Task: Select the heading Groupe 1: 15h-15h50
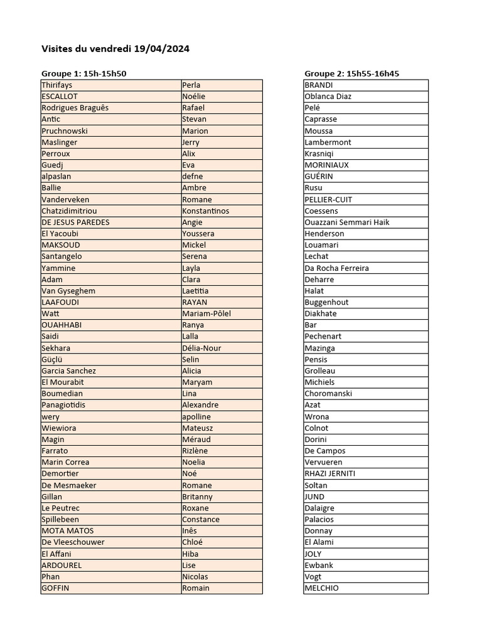(84, 73)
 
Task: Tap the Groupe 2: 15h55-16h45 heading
(351, 73)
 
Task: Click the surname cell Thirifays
(57, 85)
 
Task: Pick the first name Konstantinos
(205, 211)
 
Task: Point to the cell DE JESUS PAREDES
(75, 222)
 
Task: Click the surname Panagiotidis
(63, 405)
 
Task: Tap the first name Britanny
(197, 497)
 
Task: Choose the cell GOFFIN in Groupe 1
(55, 588)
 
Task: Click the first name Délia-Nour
(201, 348)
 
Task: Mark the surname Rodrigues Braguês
(75, 107)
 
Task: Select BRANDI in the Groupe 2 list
(319, 85)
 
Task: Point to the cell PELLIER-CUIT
(328, 199)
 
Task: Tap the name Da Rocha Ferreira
(336, 268)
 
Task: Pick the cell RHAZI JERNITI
(329, 473)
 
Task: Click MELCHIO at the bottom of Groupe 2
(321, 588)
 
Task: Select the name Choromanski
(328, 394)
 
